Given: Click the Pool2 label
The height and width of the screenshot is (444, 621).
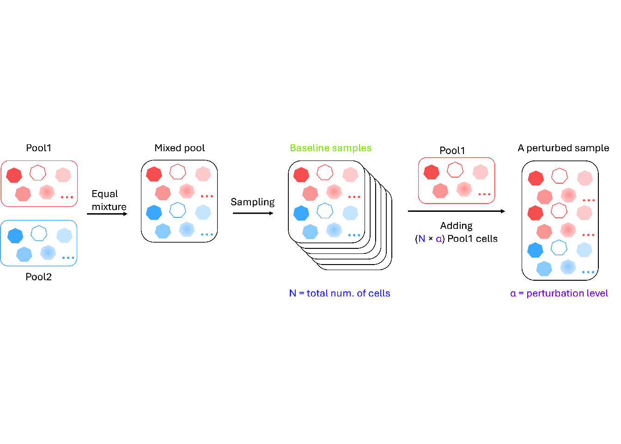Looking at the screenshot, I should [38, 277].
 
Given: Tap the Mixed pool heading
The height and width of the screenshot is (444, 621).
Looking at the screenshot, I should [179, 148].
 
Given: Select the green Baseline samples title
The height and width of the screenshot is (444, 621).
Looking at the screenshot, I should [330, 148].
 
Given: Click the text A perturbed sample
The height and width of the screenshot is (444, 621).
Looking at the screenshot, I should [563, 148].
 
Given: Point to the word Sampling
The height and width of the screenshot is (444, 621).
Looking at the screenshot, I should [252, 202].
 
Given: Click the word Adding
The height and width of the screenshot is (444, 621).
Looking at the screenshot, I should [456, 226].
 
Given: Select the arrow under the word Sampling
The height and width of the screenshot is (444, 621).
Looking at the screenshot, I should [253, 213].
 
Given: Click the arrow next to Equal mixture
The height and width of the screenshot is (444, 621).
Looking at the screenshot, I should [107, 214].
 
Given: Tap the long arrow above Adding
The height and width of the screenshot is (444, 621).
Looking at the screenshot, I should [456, 211].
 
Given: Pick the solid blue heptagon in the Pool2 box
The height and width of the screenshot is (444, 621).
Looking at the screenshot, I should [15, 235].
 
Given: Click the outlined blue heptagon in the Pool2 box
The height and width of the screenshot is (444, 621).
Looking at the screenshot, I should [39, 233].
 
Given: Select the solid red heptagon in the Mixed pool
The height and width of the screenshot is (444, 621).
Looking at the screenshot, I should [154, 174].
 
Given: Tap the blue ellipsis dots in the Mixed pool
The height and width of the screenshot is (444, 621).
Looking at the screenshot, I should [207, 234].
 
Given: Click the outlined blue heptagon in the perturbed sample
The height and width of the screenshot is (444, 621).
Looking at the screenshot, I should [559, 247].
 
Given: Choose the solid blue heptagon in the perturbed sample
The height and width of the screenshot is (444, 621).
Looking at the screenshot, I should [535, 250].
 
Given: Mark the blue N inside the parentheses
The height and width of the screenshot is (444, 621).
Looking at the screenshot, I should [421, 239].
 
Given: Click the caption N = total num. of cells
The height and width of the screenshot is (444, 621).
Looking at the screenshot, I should [340, 293].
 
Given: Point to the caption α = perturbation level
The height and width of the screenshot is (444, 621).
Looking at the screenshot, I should [559, 293].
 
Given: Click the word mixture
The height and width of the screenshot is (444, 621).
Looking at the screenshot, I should [109, 207].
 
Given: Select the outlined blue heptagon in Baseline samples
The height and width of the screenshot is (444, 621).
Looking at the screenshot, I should [325, 211].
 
